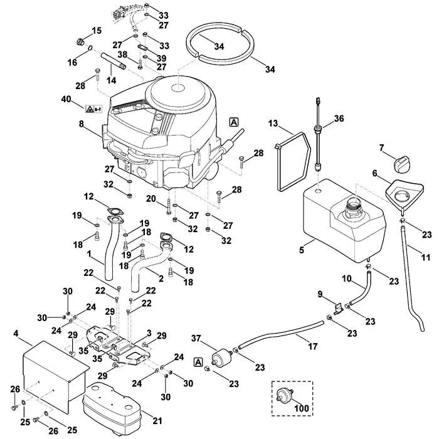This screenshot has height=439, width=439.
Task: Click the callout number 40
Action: point(66,99)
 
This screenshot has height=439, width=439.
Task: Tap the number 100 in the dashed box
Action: point(301,408)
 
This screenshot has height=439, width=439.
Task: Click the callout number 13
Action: point(273,124)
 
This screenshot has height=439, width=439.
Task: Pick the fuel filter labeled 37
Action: point(222,356)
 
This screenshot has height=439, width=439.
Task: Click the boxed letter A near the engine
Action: point(234,122)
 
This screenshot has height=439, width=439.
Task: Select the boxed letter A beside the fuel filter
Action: point(198,362)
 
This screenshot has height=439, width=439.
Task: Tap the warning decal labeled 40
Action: point(94,109)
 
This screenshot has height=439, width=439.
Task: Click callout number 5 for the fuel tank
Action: point(301,250)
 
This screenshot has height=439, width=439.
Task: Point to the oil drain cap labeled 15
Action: point(81,43)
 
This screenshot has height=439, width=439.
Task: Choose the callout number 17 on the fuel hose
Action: point(313,347)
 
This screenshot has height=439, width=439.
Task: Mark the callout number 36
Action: point(339,119)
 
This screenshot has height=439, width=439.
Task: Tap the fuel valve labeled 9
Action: point(338,308)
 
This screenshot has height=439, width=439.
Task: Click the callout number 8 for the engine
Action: point(81,124)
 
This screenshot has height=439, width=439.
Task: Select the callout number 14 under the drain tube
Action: point(111,81)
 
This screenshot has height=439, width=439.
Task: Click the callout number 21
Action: point(157,421)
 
